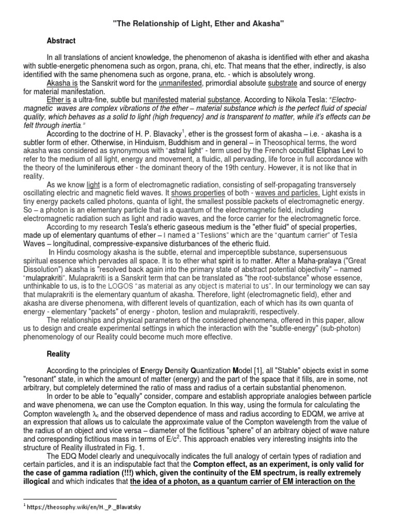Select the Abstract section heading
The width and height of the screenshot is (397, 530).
click(61, 40)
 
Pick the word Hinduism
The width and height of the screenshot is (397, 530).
click(186, 142)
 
